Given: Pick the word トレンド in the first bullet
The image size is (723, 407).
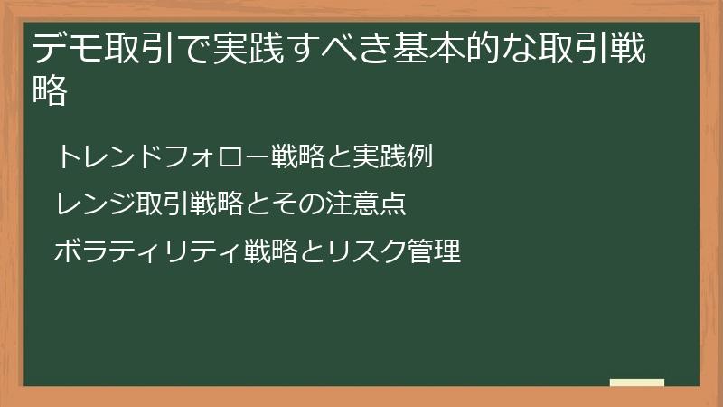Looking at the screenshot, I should click(x=108, y=156).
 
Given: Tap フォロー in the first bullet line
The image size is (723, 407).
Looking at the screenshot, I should click(x=210, y=156).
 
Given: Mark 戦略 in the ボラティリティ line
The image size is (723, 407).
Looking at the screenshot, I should click(x=268, y=251).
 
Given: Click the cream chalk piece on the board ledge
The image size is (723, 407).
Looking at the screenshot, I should click(x=636, y=383).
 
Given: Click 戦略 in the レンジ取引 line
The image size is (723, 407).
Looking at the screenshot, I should click(x=217, y=203).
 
